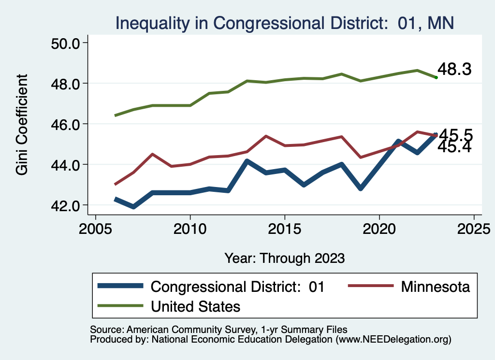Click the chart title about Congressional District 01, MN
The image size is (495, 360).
pos(284,23)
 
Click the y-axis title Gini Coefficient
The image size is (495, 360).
pos(22,125)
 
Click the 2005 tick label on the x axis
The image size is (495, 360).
pos(95,228)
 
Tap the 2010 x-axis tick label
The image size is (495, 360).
pos(190,228)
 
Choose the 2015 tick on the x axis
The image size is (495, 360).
pos(285,228)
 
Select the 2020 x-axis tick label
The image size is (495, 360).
pos(379,228)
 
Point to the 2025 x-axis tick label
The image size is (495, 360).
pos(474,228)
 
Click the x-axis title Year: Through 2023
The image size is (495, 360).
pos(284,258)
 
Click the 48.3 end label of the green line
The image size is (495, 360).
pos(454,69)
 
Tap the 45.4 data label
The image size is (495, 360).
pos(454,146)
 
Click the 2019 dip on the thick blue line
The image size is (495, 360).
pos(361,187)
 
